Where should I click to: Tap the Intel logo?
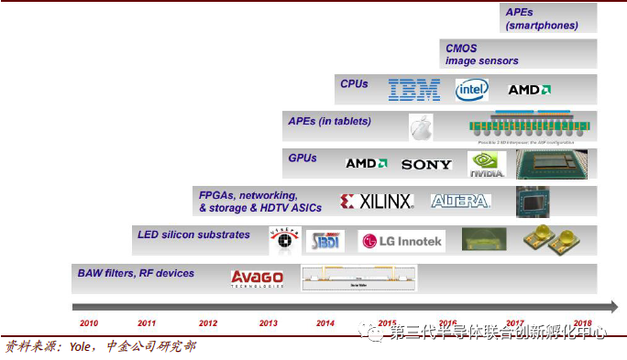[472, 89]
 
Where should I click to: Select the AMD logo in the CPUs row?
[530, 90]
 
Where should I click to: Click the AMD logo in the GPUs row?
[367, 163]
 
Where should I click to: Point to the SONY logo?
[426, 164]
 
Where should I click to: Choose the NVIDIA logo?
[487, 164]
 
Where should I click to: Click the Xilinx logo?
[377, 201]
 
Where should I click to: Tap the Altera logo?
[461, 201]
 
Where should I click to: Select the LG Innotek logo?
[401, 242]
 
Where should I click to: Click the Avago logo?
[257, 278]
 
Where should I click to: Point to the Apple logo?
[421, 126]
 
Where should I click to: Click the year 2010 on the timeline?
[89, 323]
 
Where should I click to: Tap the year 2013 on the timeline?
[269, 323]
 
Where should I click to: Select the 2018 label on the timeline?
[582, 323]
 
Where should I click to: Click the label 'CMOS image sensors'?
[481, 54]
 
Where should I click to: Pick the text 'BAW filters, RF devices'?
[136, 273]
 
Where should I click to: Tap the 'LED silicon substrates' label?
[193, 235]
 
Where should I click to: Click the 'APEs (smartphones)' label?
[542, 18]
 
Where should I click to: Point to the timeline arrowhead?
[611, 306]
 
